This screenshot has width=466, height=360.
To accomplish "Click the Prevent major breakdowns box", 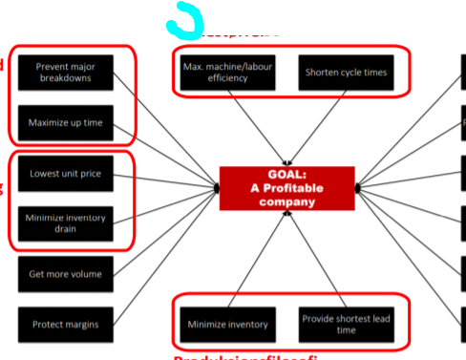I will pyautogui.click(x=65, y=73).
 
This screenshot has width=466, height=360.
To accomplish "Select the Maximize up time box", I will pyautogui.click(x=65, y=123).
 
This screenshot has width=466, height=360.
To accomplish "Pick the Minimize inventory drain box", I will pyautogui.click(x=65, y=224).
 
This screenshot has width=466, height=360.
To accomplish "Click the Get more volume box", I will pyautogui.click(x=65, y=274).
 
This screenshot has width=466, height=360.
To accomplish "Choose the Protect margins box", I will pyautogui.click(x=65, y=324).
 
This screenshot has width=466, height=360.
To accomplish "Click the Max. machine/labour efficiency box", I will pyautogui.click(x=227, y=72).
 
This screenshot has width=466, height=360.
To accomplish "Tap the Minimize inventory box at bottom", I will pyautogui.click(x=227, y=324).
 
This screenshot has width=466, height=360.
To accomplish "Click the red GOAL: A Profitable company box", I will pyautogui.click(x=286, y=188).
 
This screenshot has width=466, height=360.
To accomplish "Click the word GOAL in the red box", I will pyautogui.click(x=286, y=176).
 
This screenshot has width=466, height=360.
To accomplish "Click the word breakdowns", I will pyautogui.click(x=65, y=79).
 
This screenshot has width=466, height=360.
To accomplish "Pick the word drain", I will pyautogui.click(x=65, y=231).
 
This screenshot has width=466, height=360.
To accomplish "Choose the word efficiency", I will pyautogui.click(x=227, y=78).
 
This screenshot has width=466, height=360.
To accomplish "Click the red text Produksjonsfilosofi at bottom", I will pyautogui.click(x=244, y=356).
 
